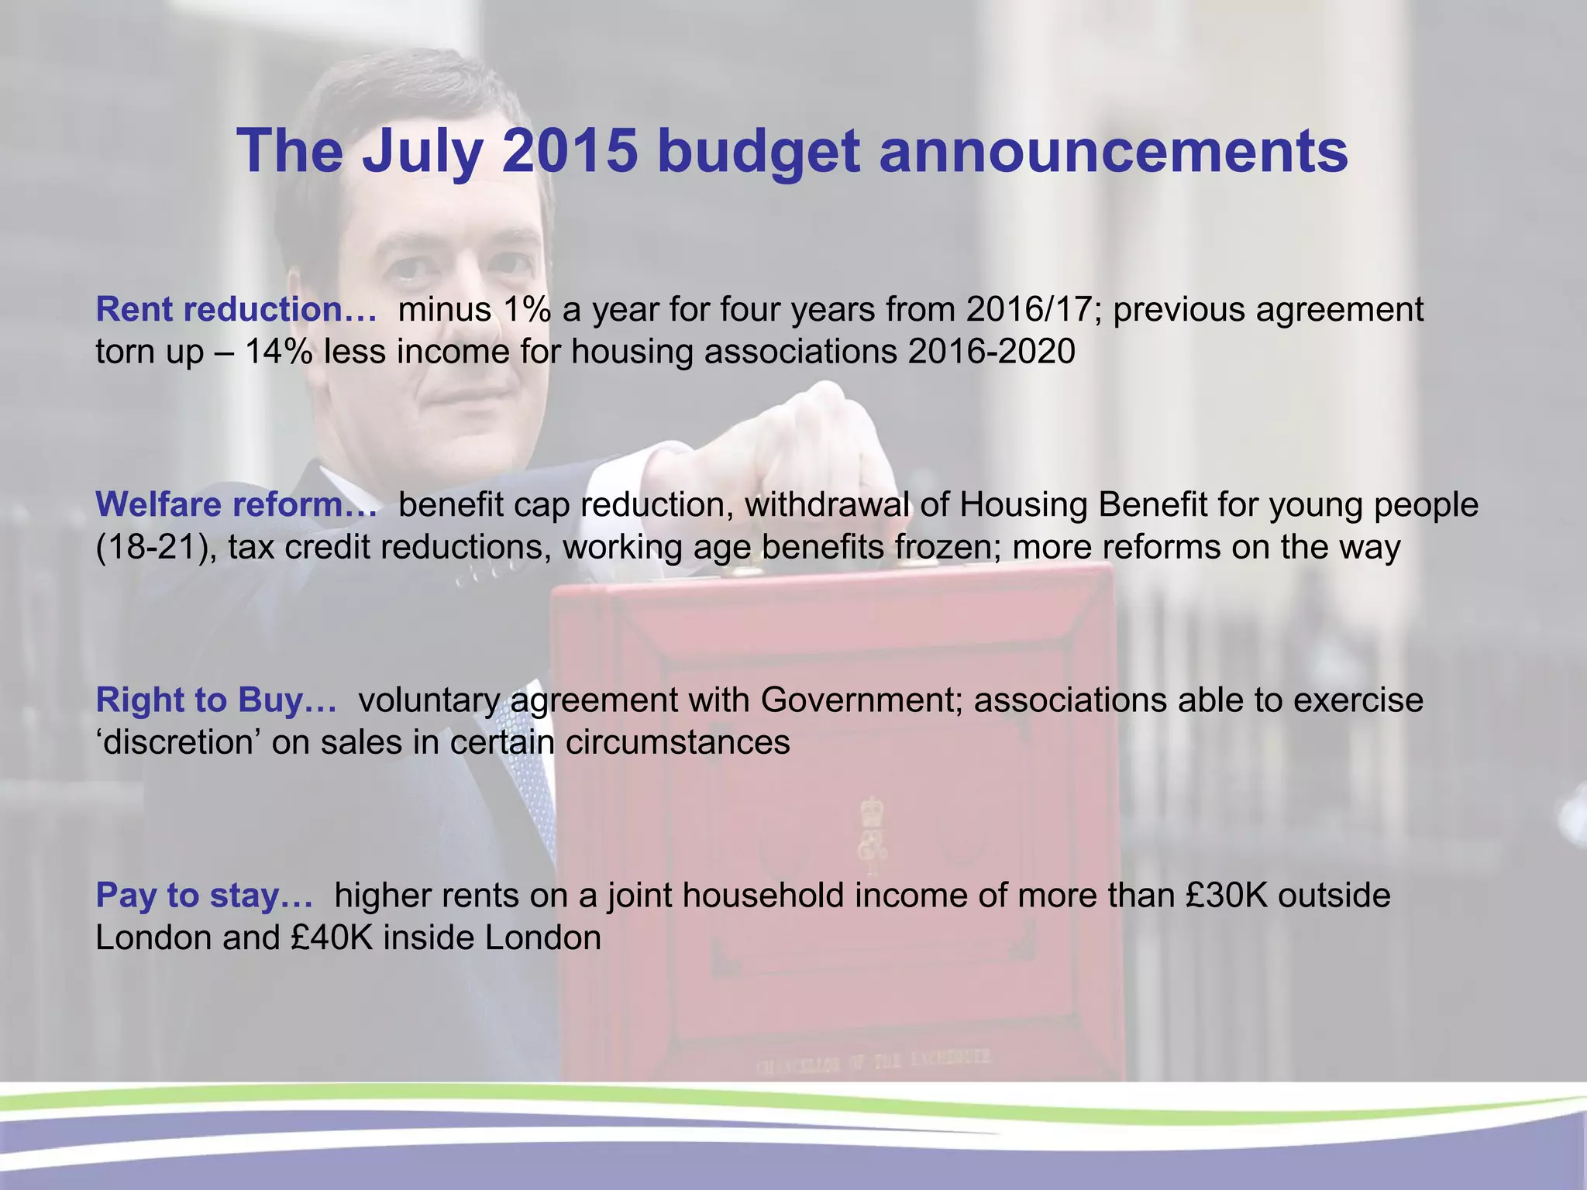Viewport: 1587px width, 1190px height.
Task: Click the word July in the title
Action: [423, 152]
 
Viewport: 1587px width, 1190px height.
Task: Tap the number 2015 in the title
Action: [570, 150]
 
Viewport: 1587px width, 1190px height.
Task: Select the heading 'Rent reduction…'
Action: [236, 310]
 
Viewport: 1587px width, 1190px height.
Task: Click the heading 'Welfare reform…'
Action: [236, 505]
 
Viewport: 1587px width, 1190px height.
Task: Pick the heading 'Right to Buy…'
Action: [216, 700]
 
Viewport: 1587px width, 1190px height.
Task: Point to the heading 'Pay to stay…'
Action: [205, 896]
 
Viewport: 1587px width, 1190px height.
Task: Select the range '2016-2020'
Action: [992, 353]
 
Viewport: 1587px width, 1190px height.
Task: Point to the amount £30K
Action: [1226, 896]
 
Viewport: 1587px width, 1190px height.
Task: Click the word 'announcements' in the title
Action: [1114, 152]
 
